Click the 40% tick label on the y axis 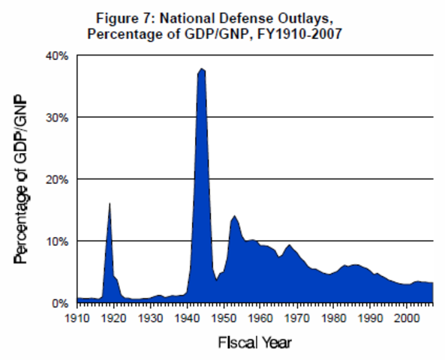tap(59, 55)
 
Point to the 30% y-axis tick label tap(59, 118)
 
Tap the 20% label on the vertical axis tap(59, 180)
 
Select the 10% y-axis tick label tap(59, 241)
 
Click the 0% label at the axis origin tap(62, 304)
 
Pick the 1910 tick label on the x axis tap(77, 319)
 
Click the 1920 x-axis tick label tap(114, 319)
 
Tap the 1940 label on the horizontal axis tap(187, 319)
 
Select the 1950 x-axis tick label tap(224, 319)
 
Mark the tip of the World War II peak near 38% tap(201, 68)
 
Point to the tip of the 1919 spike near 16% tap(110, 203)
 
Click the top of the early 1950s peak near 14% tap(235, 215)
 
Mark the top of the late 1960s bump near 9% tap(288, 244)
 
